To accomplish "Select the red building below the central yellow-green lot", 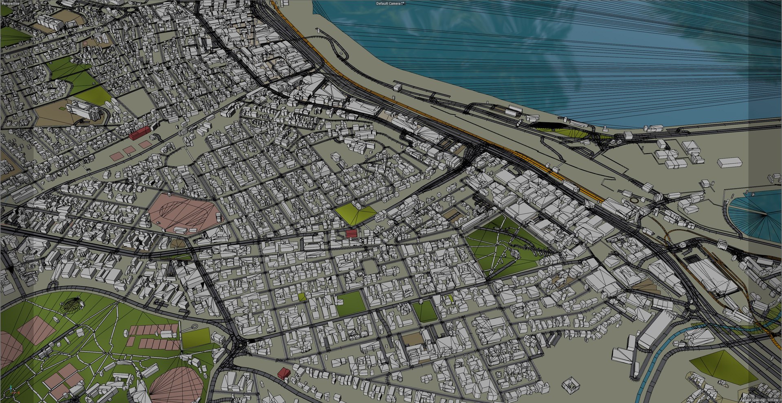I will click(351, 233).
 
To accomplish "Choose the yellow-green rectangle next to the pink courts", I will click(196, 338).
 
